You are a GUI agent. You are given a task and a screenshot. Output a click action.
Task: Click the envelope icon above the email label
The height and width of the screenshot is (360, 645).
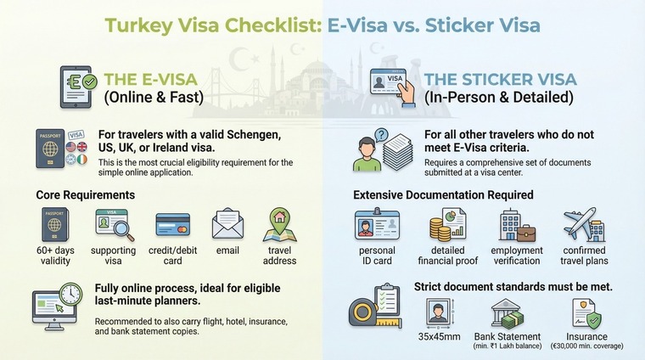(227, 223)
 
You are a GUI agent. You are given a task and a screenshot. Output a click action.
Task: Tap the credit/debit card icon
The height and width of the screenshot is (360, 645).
(172, 224)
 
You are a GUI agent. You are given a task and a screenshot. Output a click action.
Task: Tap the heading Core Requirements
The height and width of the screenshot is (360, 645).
(85, 195)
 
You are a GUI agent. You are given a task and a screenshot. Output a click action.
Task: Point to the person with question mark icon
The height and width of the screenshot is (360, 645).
(373, 150)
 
